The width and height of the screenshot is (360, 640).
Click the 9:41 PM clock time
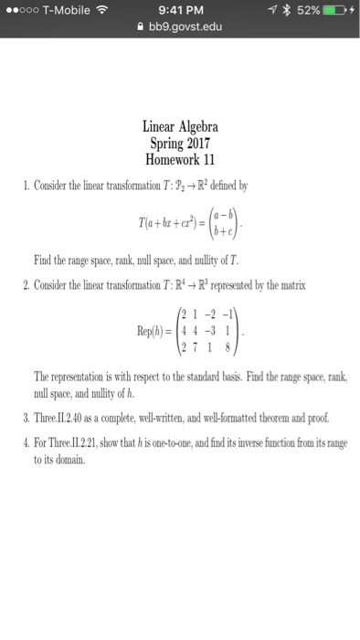click(180, 11)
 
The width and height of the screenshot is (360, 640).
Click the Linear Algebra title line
click(180, 126)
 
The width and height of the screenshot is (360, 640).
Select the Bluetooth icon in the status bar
click(274, 11)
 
